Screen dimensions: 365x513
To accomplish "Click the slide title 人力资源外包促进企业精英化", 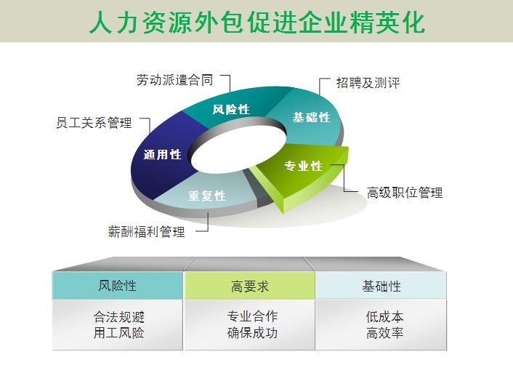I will tap(256, 21).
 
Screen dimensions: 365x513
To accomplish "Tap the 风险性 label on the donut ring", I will tap(231, 110).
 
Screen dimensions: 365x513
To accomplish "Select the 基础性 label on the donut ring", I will tap(311, 117).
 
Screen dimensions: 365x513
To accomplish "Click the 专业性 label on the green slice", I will tap(303, 167).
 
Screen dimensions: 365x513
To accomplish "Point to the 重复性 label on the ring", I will tap(207, 196).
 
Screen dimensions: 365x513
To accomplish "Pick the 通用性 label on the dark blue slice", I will tap(163, 154).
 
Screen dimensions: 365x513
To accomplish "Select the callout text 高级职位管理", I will tap(404, 193).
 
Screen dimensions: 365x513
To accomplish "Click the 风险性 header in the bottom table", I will tap(118, 286).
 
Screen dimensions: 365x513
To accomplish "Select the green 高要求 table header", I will tap(249, 286).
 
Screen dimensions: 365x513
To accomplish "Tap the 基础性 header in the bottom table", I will tap(381, 286).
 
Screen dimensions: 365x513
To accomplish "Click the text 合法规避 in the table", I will tap(118, 317).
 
